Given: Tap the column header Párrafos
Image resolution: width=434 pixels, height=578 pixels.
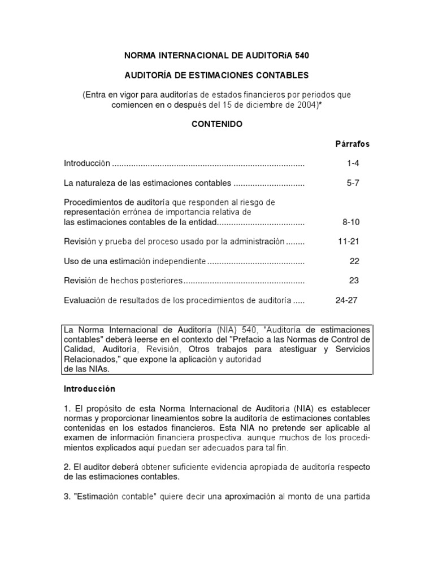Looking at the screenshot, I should click(353, 144).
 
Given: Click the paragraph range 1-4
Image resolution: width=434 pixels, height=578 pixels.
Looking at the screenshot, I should click(353, 163).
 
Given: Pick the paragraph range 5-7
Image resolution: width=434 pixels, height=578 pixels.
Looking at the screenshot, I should click(353, 183).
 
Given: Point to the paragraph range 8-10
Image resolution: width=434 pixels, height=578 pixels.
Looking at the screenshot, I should click(351, 222).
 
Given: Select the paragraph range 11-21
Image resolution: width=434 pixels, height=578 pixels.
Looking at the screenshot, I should click(349, 242).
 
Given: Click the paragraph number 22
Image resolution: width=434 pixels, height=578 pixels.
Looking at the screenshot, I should click(354, 261).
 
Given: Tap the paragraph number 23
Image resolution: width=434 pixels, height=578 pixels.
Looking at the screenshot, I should click(354, 281).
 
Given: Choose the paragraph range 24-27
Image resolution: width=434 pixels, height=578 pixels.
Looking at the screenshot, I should click(346, 300).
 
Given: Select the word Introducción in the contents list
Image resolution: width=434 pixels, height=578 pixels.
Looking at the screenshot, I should click(87, 163).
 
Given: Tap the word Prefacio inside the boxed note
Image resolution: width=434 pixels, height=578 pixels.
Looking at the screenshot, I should click(263, 339).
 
